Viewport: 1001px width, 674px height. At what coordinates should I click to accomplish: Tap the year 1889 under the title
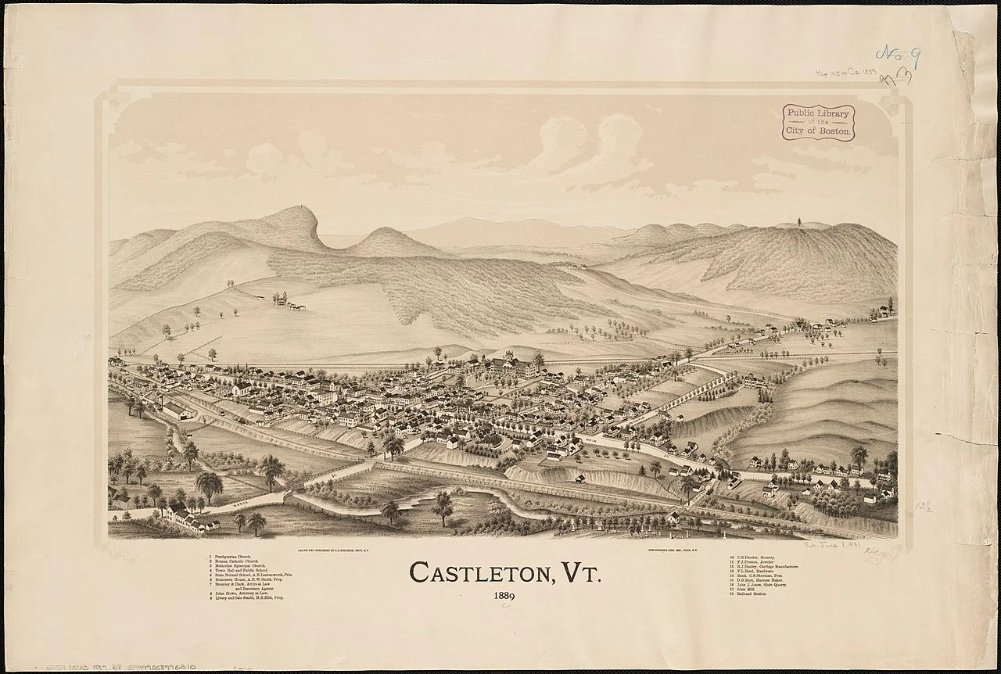point(504,598)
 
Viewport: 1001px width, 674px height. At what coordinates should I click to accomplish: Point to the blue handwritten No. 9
point(898,57)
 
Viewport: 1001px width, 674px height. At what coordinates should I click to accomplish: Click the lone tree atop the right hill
point(799,221)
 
